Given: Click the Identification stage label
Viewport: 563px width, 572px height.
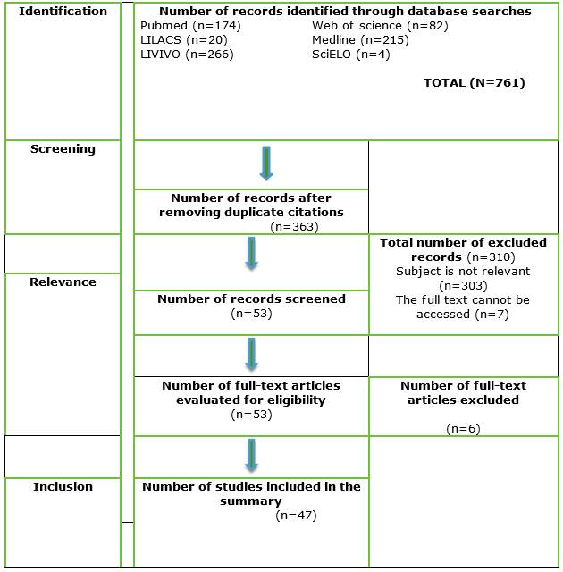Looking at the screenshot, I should click(63, 12).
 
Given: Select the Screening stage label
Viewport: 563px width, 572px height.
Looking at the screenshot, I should click(63, 149).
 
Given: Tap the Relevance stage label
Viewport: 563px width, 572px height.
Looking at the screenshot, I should click(63, 282).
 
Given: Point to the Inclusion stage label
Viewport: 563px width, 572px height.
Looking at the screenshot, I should click(63, 486).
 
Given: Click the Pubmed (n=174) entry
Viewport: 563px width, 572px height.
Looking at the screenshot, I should click(190, 26).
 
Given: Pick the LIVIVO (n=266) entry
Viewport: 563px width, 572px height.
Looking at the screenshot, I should click(187, 55).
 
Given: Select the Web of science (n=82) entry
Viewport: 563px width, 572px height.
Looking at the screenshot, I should click(380, 26).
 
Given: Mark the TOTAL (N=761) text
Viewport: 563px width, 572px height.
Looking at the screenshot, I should click(474, 83).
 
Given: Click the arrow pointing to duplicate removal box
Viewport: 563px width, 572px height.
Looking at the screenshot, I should click(265, 163).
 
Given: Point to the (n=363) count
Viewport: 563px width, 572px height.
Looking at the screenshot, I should click(295, 227).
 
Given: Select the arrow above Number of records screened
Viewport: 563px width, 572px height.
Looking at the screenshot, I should click(251, 253).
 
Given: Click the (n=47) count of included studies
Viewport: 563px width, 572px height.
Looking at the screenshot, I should click(297, 516).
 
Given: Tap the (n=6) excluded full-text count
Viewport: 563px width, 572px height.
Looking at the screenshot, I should click(463, 429).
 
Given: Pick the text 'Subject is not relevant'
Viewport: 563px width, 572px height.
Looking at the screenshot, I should click(463, 271).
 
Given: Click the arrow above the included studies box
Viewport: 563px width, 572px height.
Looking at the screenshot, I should click(251, 455).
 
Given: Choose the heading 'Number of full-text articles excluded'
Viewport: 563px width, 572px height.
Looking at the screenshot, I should click(463, 392).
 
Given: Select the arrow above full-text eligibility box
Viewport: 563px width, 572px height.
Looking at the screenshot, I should click(251, 354).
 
